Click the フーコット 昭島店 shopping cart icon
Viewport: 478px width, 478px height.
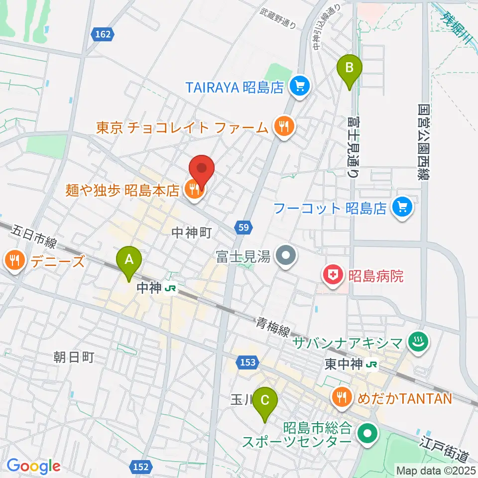pos(402,208)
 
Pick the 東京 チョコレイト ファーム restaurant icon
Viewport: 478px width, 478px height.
pos(283,127)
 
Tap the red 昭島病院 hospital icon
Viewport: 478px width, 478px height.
pos(332,275)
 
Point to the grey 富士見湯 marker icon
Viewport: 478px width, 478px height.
pos(287,257)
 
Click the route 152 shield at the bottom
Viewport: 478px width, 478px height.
pos(141,467)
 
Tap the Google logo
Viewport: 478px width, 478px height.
pos(34,466)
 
